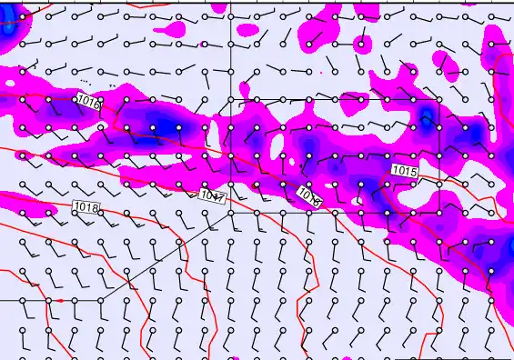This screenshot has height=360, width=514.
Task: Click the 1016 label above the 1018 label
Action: (88, 102)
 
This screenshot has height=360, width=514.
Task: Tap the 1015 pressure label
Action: (405, 171)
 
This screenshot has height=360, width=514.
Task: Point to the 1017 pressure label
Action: (211, 195)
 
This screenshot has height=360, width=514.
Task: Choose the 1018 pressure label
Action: (86, 208)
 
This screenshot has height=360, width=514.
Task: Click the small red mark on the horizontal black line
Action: (60, 299)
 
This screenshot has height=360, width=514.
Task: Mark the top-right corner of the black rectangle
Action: (438, 99)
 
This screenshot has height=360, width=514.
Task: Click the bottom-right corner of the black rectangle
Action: (438, 212)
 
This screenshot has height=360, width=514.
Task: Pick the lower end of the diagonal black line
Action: (98, 299)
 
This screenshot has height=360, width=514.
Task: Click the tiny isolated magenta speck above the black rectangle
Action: (320, 71)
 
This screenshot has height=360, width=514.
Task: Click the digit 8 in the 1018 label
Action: (94, 208)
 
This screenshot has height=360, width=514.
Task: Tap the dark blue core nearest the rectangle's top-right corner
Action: (426, 118)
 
